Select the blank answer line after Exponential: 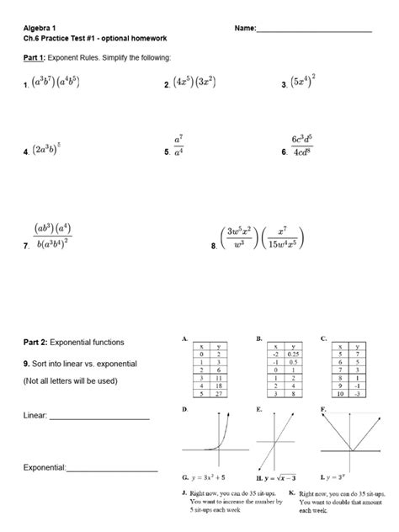click(x=113, y=468)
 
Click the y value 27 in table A click(x=216, y=394)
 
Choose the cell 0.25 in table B click(x=293, y=354)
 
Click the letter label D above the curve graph click(x=184, y=408)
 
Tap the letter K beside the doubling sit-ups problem click(x=290, y=492)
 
